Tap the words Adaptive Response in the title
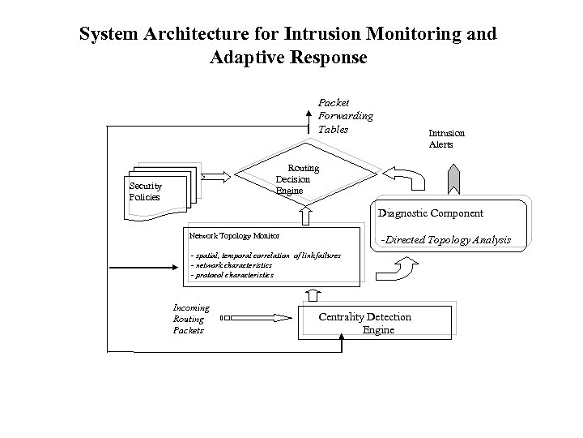coord(287,58)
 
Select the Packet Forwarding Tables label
coord(345,116)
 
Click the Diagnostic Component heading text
coord(430,213)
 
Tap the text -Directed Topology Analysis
coord(446,240)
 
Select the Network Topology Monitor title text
coord(234,235)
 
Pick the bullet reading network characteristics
coord(232,265)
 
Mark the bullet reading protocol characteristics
coord(232,275)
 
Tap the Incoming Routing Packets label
coord(191,319)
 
